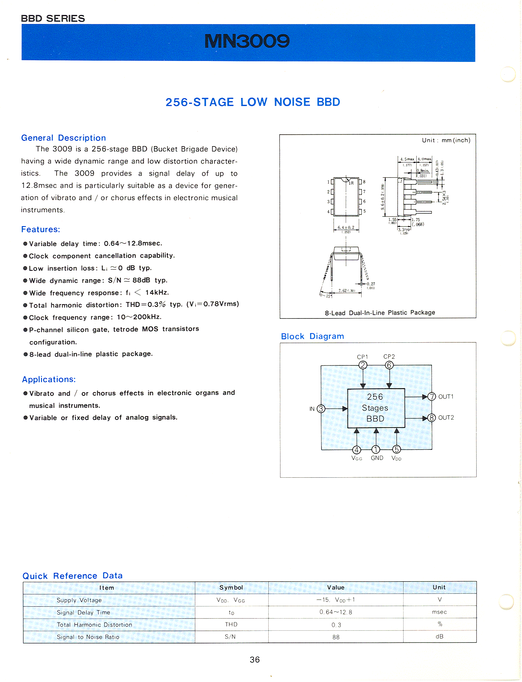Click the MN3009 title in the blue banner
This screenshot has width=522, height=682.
tap(247, 41)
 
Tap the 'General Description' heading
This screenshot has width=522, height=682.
tap(63, 138)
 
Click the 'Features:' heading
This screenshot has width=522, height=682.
tap(40, 229)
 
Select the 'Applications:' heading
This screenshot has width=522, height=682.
tap(49, 379)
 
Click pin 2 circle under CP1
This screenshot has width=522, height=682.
tap(363, 365)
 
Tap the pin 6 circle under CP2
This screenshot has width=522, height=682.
tap(389, 365)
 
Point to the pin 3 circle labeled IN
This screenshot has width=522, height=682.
tap(321, 409)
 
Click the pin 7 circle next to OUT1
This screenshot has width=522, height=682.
tap(432, 397)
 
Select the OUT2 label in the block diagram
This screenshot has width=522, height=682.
tap(446, 418)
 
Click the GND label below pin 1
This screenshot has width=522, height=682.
tap(377, 458)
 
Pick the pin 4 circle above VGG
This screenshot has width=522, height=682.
tap(356, 450)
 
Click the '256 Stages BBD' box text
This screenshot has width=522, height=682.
tap(375, 408)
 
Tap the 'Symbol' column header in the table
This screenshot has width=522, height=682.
tap(231, 587)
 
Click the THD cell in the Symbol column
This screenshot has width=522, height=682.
tap(231, 624)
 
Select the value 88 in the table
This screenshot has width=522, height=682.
tap(336, 637)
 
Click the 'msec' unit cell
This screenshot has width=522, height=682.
tap(439, 612)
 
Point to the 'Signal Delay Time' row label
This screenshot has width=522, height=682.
tap(83, 612)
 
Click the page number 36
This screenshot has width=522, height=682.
tap(255, 660)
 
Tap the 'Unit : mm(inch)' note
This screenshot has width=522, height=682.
tap(446, 140)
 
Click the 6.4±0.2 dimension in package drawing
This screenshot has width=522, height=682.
tap(346, 228)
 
